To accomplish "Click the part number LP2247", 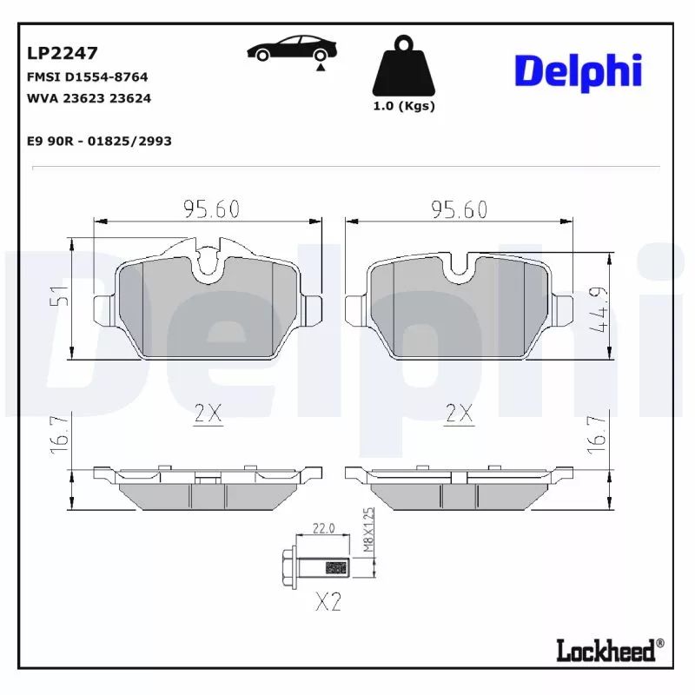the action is [x=62, y=53].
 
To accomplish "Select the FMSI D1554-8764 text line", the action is [x=88, y=77].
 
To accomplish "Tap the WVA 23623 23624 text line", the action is [x=89, y=98].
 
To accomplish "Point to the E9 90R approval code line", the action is [x=99, y=141].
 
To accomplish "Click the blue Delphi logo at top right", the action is [x=578, y=72].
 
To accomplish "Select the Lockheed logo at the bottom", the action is [x=610, y=650].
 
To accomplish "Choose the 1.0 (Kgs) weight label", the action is [x=404, y=106].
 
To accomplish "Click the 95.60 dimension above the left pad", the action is [x=212, y=209].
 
